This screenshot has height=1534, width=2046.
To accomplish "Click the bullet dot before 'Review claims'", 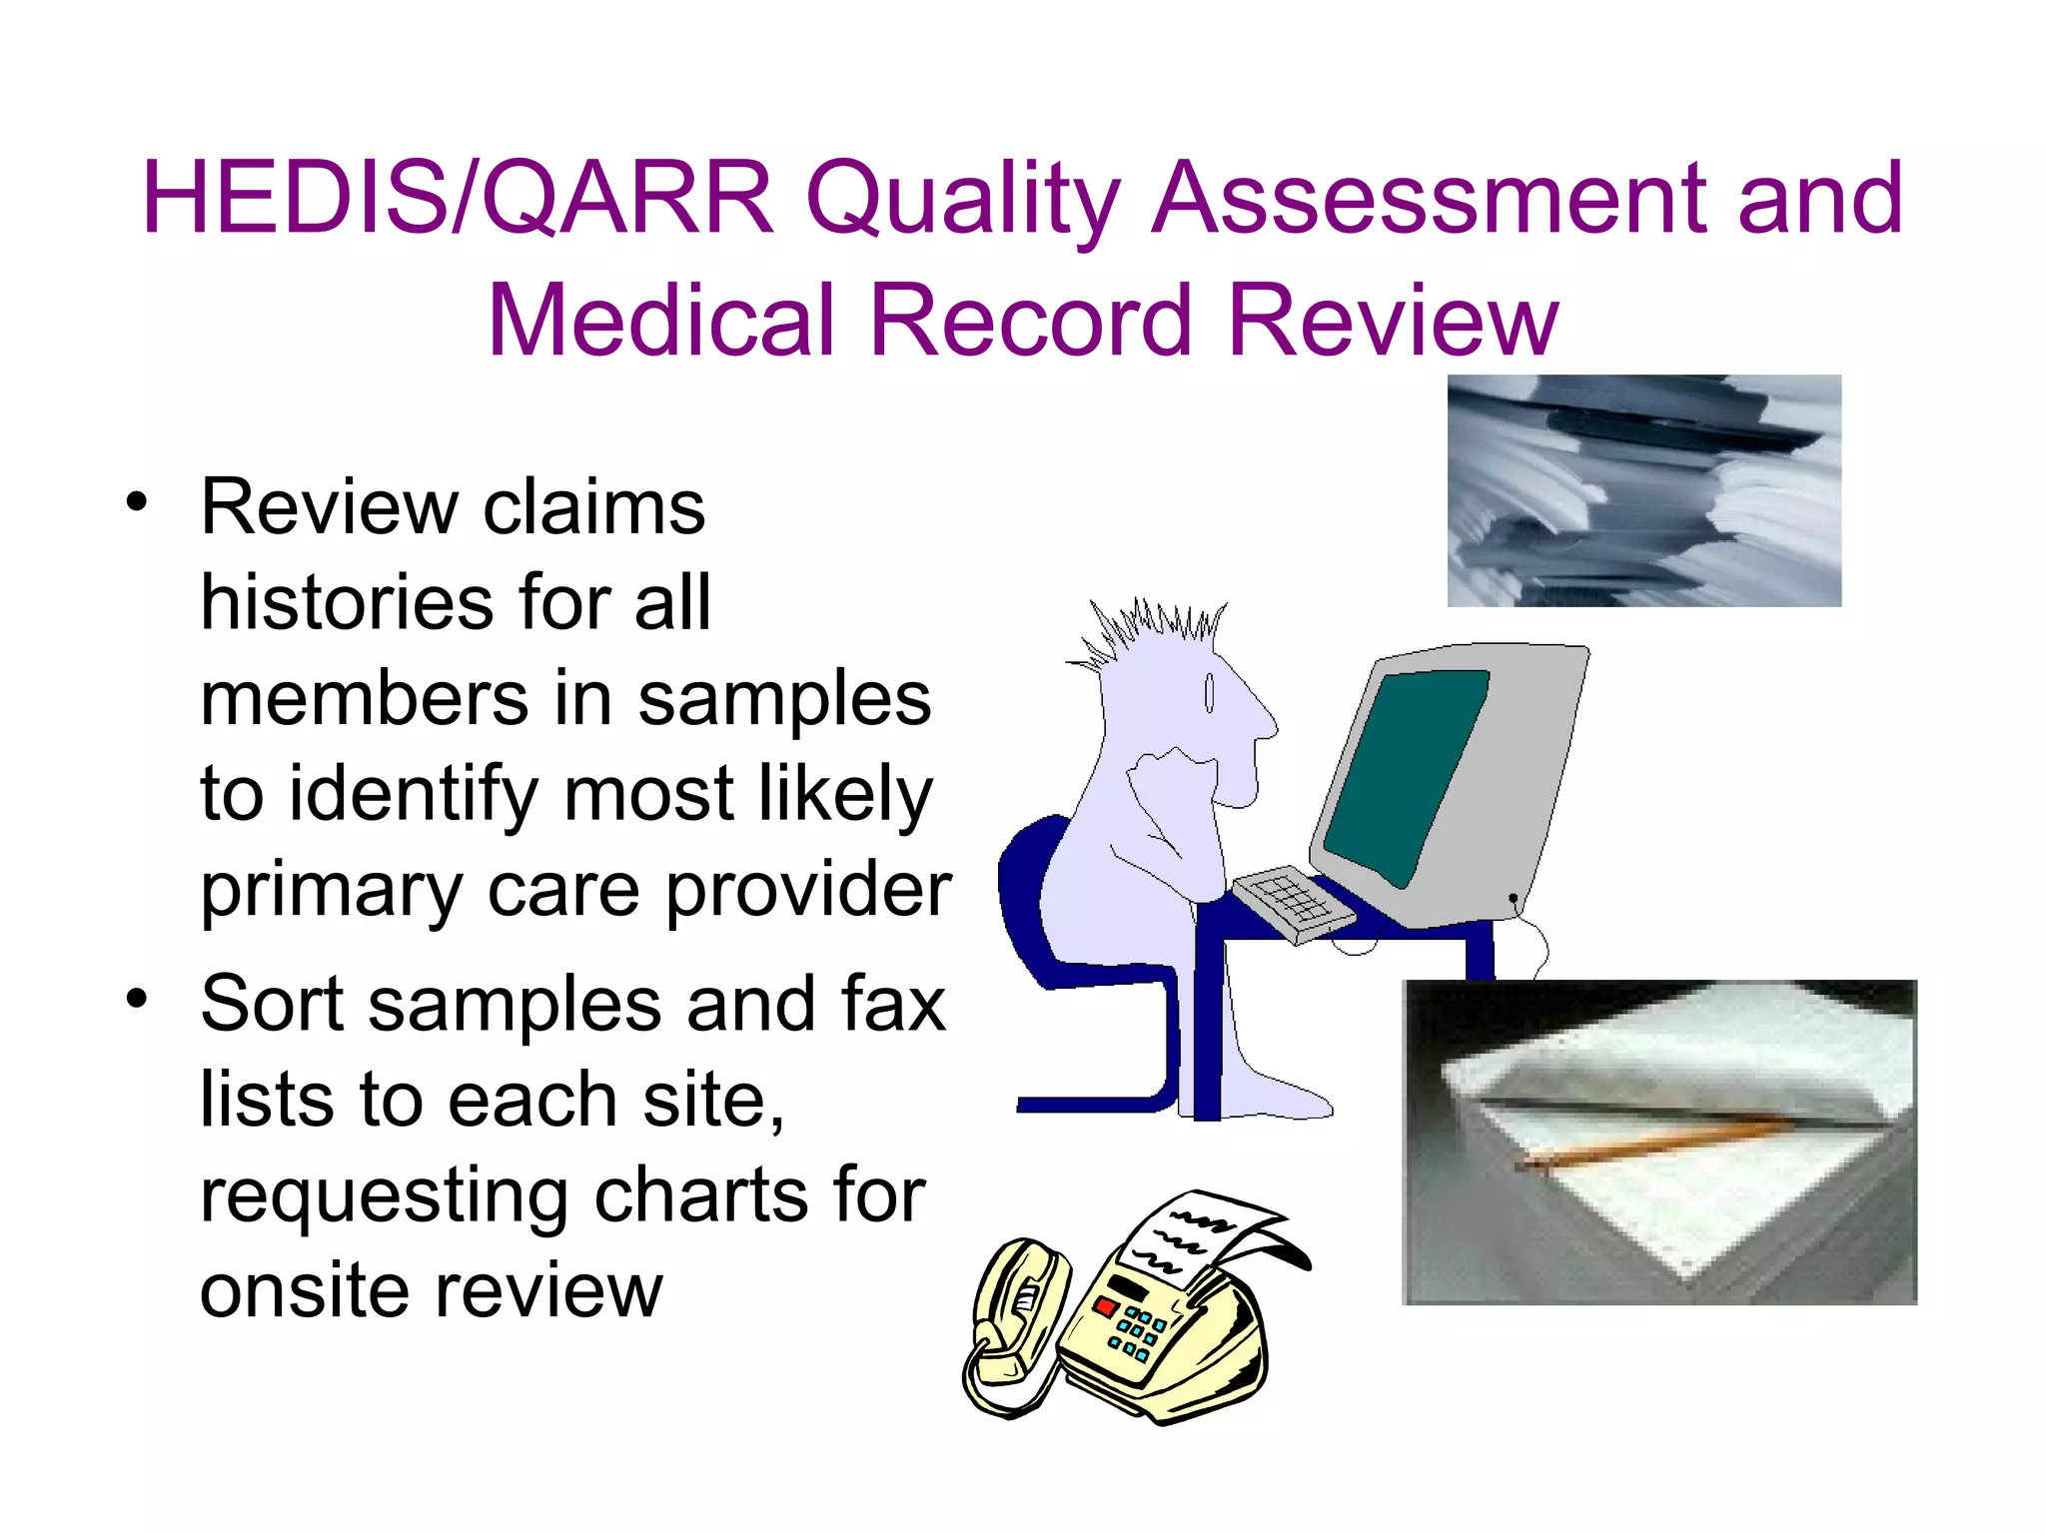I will click(137, 500).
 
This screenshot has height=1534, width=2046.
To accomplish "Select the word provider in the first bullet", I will click(808, 889).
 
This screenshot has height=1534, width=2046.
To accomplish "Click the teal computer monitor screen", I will click(1410, 774).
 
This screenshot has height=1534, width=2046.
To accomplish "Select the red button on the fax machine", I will click(1106, 1305).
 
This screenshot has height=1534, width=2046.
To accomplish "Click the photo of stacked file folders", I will click(1643, 490).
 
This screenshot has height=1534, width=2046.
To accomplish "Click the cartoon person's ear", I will click(1209, 693).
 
